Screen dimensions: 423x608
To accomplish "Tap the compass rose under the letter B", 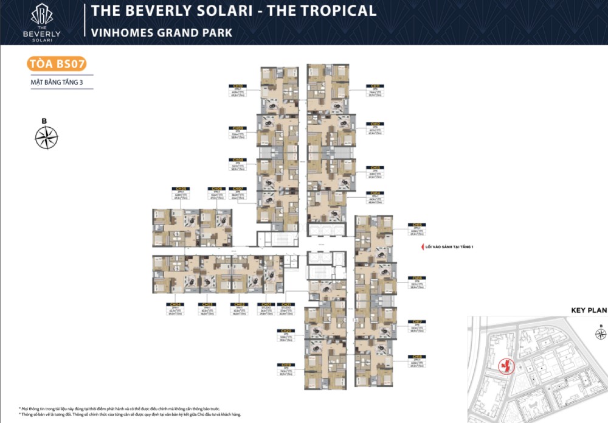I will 46,138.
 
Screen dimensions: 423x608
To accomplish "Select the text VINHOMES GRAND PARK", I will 161,32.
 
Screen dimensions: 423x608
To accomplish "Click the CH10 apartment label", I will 238,86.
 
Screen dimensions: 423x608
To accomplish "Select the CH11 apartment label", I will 375,86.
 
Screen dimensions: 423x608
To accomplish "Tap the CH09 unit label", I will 238,128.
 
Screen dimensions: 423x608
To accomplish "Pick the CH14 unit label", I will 375,193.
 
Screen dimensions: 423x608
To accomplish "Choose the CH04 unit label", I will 176,304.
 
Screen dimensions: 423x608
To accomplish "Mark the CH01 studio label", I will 266,304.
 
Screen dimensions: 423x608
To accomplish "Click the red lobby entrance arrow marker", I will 416,247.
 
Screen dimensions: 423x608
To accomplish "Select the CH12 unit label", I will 375,124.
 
